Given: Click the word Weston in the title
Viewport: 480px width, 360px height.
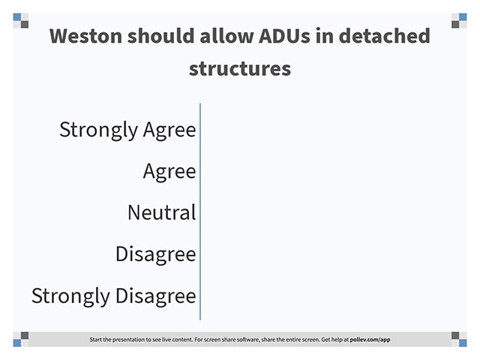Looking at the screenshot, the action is click(x=86, y=36).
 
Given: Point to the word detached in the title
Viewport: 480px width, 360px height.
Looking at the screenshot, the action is click(x=385, y=35).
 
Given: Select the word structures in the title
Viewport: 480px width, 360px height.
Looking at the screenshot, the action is click(x=240, y=69).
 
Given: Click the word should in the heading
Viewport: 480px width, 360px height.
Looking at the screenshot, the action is click(x=161, y=35).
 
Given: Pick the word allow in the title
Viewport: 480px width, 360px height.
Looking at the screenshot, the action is click(x=226, y=35).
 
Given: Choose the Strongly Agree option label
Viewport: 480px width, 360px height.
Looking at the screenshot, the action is click(x=127, y=130).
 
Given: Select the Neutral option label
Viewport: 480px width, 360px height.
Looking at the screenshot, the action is click(x=162, y=212).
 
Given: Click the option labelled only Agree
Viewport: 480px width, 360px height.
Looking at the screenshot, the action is click(x=169, y=172).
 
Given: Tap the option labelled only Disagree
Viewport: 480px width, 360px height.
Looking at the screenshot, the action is click(x=156, y=254).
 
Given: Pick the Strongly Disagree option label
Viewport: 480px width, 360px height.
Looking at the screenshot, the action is click(x=113, y=296).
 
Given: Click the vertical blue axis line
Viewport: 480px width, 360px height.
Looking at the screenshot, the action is click(x=200, y=211).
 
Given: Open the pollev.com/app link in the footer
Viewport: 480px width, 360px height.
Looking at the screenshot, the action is click(x=370, y=340).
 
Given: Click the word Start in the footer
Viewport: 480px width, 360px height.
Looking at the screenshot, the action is click(x=94, y=339).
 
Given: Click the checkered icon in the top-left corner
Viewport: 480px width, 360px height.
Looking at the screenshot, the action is click(x=21, y=20).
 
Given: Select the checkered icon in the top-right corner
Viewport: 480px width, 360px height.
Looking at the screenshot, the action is click(x=459, y=20).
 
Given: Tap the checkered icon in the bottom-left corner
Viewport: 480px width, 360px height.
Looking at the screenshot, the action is click(x=21, y=339).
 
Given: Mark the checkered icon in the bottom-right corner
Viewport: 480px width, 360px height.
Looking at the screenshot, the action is click(x=459, y=339).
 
